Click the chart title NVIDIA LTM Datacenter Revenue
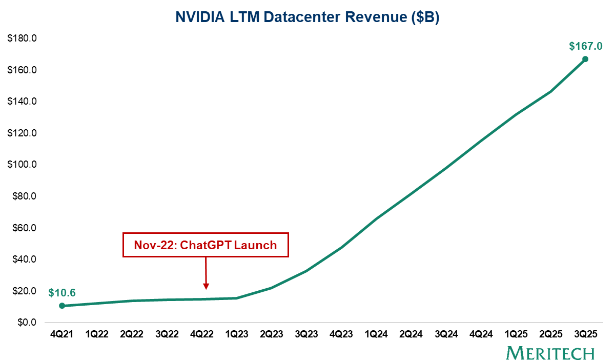(307, 17)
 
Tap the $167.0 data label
(585, 46)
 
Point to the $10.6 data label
(62, 293)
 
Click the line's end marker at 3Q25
(585, 59)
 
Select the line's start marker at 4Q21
(62, 306)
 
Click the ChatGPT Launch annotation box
(206, 245)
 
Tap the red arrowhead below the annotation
(206, 286)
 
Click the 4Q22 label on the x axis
(201, 334)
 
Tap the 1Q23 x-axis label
(236, 334)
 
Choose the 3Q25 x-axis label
(585, 334)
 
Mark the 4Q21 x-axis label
(62, 334)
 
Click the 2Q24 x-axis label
(411, 334)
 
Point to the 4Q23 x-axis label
(341, 334)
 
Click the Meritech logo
(550, 353)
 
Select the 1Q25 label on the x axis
(516, 334)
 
